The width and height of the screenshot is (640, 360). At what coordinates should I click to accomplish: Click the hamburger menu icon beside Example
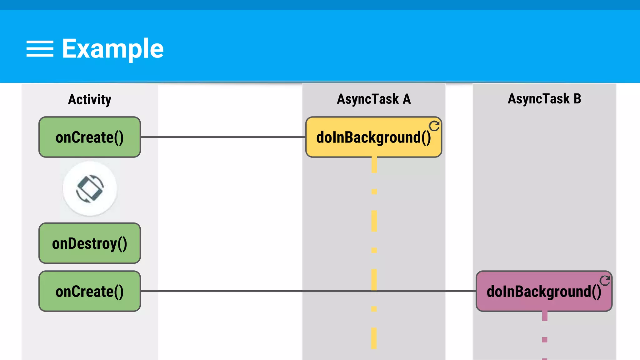(40, 49)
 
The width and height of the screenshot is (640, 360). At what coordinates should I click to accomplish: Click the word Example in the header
(113, 49)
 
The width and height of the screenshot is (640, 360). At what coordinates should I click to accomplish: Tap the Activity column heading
(90, 100)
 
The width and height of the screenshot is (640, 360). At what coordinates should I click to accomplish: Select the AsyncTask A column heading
(374, 99)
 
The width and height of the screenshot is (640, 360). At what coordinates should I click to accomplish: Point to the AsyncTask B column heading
(544, 99)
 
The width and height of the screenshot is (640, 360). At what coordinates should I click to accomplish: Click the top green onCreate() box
(90, 137)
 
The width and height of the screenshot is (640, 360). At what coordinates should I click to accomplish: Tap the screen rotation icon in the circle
(90, 189)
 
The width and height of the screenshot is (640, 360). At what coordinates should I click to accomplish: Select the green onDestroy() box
(90, 243)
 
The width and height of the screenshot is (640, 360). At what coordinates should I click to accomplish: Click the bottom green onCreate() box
(90, 291)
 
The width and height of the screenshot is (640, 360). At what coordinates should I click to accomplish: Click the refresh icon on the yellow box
(434, 126)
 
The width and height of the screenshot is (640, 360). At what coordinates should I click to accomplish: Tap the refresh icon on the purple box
(605, 280)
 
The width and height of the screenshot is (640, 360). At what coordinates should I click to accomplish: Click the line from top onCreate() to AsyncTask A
(222, 137)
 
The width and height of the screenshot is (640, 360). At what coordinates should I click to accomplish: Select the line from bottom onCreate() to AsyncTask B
(250, 291)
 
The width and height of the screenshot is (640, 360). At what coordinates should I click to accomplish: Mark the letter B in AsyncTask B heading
(577, 99)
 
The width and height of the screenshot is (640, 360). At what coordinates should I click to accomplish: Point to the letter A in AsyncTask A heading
(407, 99)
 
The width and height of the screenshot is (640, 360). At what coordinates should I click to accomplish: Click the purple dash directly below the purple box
(545, 316)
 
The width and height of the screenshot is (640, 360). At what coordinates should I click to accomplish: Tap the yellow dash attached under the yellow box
(374, 165)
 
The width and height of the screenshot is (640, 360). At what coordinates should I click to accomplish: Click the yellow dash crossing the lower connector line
(374, 280)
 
